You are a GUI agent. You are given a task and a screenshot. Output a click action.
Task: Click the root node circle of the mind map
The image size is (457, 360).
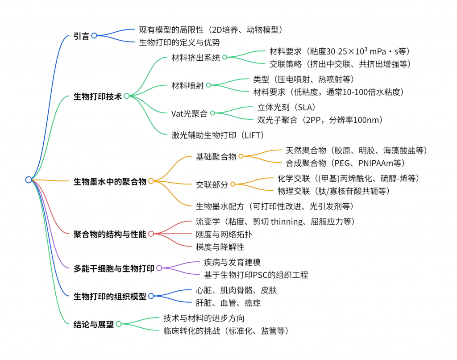[x=29, y=180]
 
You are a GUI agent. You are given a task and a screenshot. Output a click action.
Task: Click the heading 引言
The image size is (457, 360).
[x=81, y=36]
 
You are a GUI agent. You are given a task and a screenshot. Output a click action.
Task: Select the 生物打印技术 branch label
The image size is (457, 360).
[x=97, y=96]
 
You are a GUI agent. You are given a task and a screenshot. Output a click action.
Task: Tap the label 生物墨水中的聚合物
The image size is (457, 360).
[x=110, y=181]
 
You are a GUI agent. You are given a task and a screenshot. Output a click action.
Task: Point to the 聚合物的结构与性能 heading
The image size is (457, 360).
[x=110, y=234]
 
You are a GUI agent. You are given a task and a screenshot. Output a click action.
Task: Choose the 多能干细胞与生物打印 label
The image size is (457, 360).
[x=114, y=268]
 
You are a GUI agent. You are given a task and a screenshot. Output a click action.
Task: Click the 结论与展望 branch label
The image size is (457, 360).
[x=93, y=324]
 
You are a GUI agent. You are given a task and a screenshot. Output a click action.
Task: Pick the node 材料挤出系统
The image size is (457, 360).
[x=196, y=57]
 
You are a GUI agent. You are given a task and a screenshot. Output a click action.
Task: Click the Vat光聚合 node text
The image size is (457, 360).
[x=189, y=113]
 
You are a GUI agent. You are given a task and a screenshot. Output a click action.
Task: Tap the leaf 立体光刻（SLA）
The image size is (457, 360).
[x=286, y=107]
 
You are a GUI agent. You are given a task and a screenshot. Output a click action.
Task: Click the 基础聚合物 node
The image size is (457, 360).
[x=216, y=157]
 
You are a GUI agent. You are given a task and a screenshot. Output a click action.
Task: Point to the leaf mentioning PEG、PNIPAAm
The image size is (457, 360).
[x=345, y=163]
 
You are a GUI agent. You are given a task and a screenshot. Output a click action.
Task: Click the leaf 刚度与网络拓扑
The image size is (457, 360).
[x=220, y=234]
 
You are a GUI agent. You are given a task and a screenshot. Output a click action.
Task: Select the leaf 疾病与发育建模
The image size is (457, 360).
[x=232, y=263]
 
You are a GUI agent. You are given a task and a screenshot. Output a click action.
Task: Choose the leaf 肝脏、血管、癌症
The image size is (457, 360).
[x=228, y=302]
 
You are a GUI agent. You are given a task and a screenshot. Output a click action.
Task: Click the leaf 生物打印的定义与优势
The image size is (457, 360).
[x=179, y=42]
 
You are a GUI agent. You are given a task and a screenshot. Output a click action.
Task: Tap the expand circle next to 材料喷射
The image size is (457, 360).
[x=208, y=85]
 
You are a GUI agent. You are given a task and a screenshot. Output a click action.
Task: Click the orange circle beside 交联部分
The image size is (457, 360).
[x=233, y=184]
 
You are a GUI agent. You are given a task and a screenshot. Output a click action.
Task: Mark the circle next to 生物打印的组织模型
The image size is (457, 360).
[x=151, y=296]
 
